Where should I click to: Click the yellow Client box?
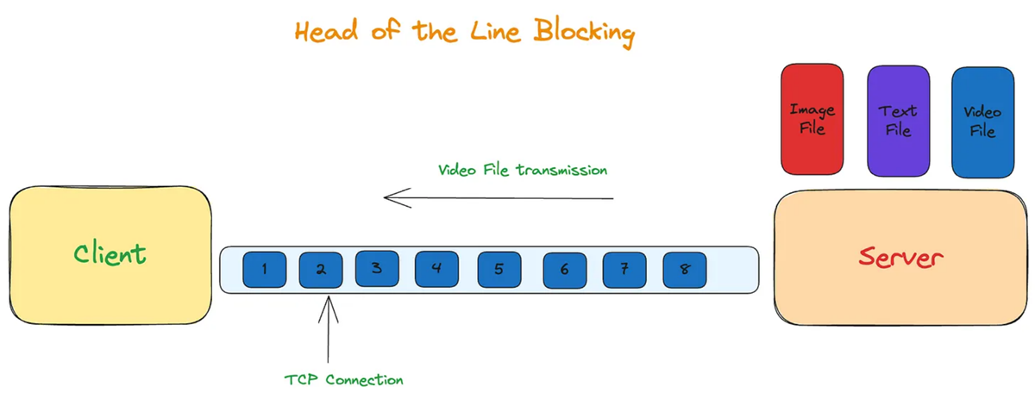(x=110, y=256)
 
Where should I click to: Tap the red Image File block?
(x=812, y=119)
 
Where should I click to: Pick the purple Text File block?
(x=897, y=121)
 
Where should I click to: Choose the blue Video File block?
(x=982, y=121)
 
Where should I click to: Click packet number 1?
(x=264, y=270)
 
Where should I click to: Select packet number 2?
(x=320, y=270)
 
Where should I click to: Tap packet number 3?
(x=377, y=269)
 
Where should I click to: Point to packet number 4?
(x=436, y=269)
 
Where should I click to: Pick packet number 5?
(x=499, y=270)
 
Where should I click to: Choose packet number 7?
(x=624, y=270)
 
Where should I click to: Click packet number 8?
(x=685, y=270)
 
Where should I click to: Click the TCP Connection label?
(x=344, y=379)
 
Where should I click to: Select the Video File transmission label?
(x=522, y=170)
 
